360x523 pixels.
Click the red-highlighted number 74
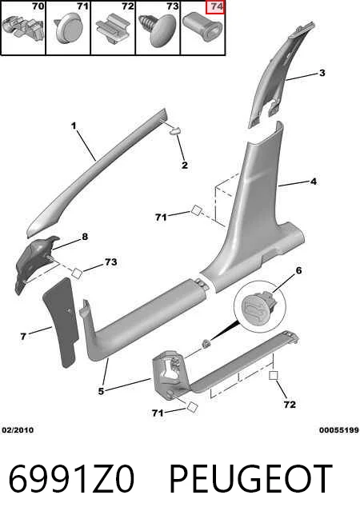215,6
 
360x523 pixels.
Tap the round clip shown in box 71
68,28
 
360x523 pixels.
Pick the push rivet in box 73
158,30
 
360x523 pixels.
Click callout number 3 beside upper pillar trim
322,73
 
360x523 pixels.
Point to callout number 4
314,182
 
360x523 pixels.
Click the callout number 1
74,126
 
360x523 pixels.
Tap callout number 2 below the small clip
185,165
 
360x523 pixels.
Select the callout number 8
85,237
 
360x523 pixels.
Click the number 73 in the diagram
110,261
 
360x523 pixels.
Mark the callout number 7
23,336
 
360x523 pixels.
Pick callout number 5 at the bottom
101,391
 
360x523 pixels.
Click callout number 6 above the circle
298,270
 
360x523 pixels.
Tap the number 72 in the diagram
290,405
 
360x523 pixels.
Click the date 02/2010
18,430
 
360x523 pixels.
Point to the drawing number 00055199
339,430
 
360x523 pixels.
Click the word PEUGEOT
251,479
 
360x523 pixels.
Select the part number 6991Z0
71,479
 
